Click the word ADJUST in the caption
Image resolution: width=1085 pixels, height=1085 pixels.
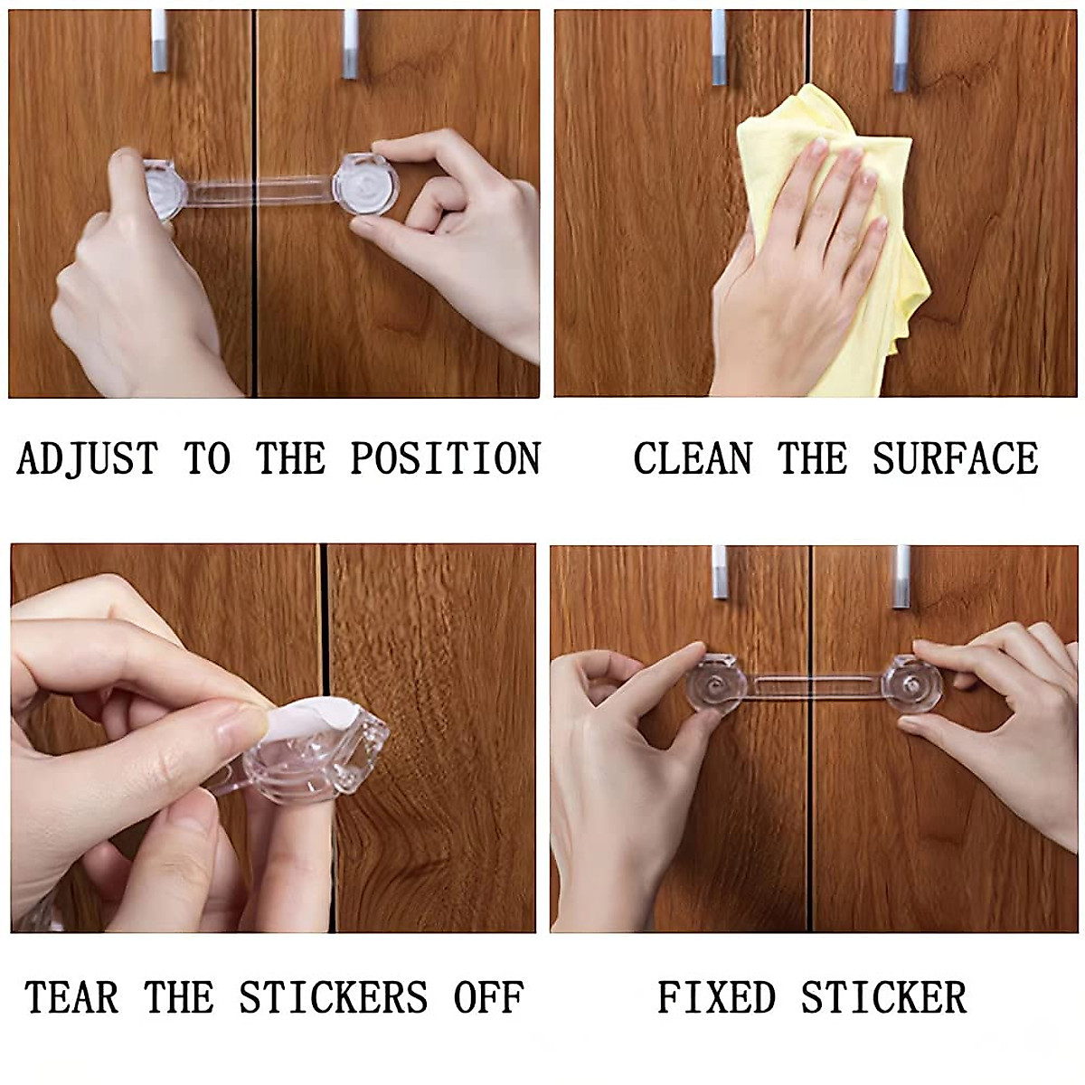pos(87,458)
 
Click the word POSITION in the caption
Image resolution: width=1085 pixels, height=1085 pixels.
pos(445,458)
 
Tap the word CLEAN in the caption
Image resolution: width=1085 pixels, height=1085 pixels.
pos(693,458)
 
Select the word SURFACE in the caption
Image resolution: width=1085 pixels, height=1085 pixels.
pos(955,458)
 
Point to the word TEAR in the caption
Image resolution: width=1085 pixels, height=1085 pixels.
pos(71,998)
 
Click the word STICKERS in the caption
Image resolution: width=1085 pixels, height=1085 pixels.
pos(333,998)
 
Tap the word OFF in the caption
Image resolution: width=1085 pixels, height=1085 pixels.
pos(488,998)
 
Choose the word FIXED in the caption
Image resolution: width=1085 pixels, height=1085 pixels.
pos(716,998)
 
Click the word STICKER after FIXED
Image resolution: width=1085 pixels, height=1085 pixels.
pos(883,998)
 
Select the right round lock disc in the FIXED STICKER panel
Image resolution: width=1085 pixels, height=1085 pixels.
pos(914,684)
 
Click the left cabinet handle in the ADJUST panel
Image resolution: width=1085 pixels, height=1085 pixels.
pos(160,42)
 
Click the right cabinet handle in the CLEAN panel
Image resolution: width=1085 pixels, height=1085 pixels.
pos(901,51)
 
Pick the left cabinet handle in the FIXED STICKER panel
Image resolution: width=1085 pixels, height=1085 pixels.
pos(720,571)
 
